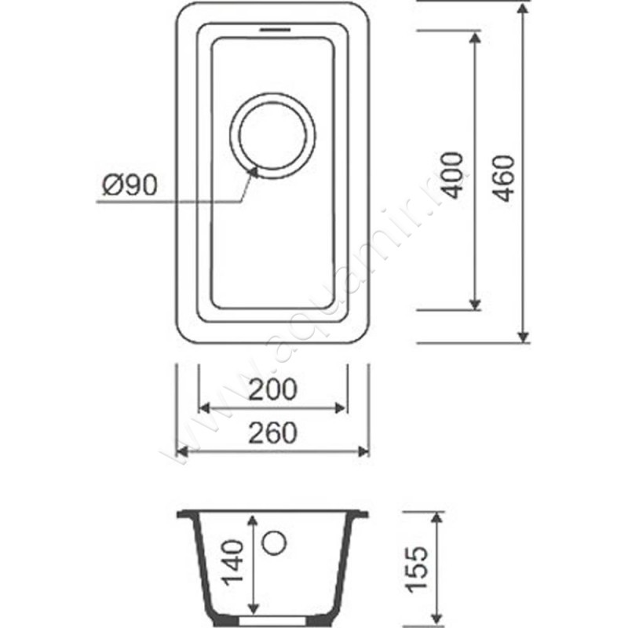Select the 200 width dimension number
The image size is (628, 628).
[272, 389]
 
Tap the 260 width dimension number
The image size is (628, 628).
[272, 433]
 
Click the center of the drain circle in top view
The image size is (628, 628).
[272, 136]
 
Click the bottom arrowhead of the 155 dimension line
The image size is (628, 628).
[437, 614]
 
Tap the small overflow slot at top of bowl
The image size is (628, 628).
[272, 30]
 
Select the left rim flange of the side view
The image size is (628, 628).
[186, 515]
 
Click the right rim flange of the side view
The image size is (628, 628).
[358, 515]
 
